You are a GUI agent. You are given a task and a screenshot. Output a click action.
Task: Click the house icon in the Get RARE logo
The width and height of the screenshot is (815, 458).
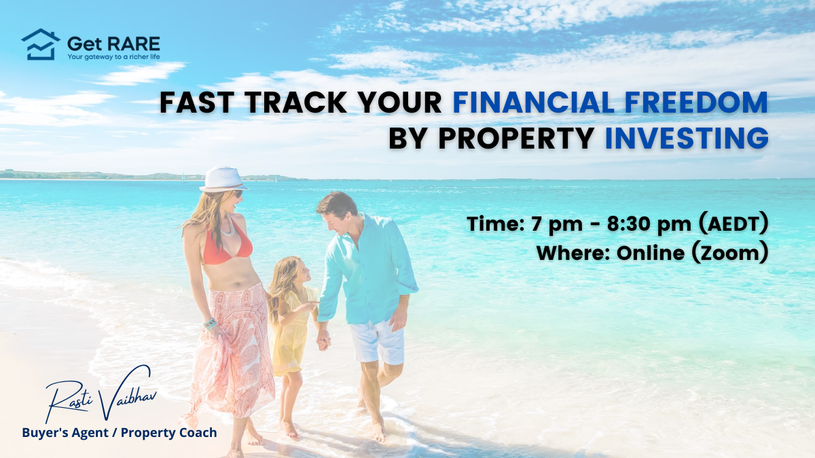click(x=40, y=44)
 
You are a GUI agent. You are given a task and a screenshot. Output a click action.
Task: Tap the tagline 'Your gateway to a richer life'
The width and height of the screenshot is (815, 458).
click(x=113, y=57)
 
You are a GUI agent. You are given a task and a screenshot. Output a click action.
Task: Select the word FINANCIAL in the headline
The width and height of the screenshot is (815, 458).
click(x=534, y=102)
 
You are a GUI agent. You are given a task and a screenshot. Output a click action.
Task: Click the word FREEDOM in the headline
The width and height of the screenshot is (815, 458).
click(x=696, y=102)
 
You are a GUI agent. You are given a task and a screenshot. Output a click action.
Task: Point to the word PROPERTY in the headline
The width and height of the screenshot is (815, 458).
click(x=516, y=138)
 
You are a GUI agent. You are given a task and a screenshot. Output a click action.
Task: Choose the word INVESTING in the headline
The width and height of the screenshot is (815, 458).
click(x=687, y=138)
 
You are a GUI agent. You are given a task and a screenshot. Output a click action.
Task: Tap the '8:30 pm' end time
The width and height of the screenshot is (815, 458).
click(x=649, y=224)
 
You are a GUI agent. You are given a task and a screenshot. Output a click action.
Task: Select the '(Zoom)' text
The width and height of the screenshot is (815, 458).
click(x=729, y=253)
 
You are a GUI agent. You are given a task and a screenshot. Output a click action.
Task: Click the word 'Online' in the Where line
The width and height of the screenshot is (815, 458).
click(x=651, y=253)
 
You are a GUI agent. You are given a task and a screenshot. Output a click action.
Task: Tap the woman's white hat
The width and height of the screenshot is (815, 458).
click(x=223, y=180)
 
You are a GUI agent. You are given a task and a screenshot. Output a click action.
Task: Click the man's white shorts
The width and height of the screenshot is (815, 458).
click(x=378, y=341)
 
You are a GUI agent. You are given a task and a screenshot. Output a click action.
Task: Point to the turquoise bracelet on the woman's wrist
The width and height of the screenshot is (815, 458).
click(x=210, y=323)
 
